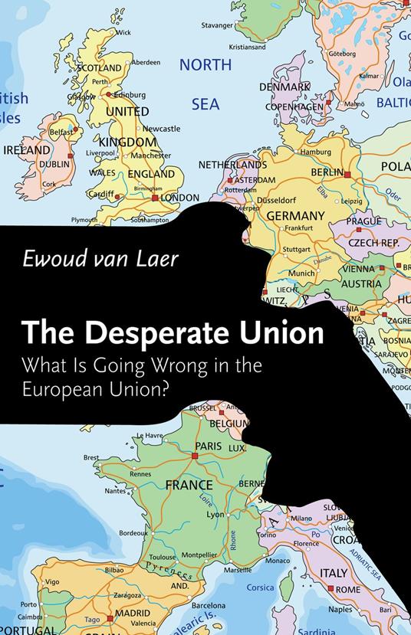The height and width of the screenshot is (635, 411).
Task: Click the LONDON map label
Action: click(179, 197)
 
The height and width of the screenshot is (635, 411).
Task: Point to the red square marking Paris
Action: click(195, 455)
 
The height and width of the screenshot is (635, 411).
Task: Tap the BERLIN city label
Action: click(327, 173)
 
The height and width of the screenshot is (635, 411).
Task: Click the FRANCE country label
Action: click(189, 485)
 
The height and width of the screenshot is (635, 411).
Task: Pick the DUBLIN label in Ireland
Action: click(54, 163)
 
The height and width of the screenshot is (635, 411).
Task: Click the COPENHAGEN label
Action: click(294, 107)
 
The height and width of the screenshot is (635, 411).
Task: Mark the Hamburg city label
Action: click(315, 152)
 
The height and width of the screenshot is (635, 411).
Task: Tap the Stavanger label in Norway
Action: click(217, 25)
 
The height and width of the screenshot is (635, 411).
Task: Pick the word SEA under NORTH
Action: click(205, 103)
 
